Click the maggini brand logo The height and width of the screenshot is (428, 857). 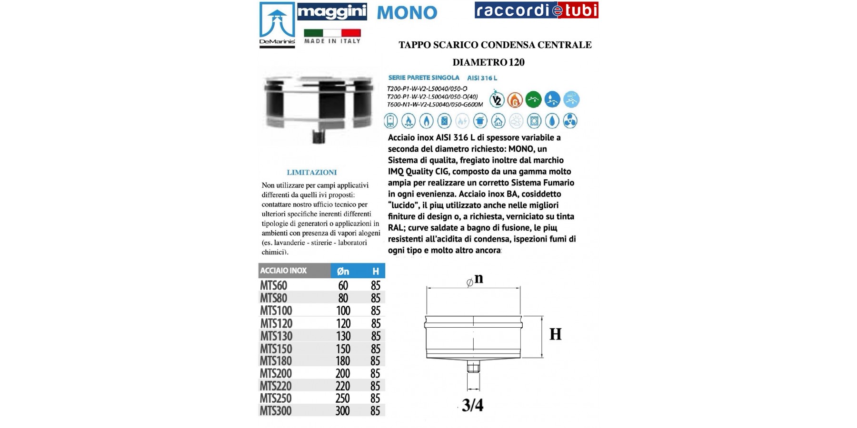(332, 11)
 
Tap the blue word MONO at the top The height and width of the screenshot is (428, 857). (407, 13)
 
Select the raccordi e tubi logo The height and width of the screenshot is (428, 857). (536, 10)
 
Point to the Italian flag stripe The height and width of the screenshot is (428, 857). (332, 33)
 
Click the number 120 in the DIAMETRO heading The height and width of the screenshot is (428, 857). (517, 62)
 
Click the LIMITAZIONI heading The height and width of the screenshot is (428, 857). (311, 173)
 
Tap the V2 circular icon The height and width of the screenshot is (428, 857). (497, 100)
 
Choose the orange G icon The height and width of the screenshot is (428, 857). (515, 100)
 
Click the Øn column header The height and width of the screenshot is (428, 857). (343, 271)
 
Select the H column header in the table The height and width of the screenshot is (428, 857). (376, 271)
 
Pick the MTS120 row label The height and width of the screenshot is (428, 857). (276, 323)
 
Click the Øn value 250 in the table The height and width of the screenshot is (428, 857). (342, 399)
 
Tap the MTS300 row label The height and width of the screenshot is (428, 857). (276, 411)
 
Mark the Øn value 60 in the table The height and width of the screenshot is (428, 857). (343, 285)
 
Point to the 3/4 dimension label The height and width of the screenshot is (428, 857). (472, 405)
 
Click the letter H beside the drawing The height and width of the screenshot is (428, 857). (555, 334)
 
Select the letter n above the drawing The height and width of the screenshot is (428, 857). (478, 278)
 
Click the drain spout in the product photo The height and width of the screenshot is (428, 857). (317, 136)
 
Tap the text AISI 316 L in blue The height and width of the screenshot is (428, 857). (482, 78)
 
